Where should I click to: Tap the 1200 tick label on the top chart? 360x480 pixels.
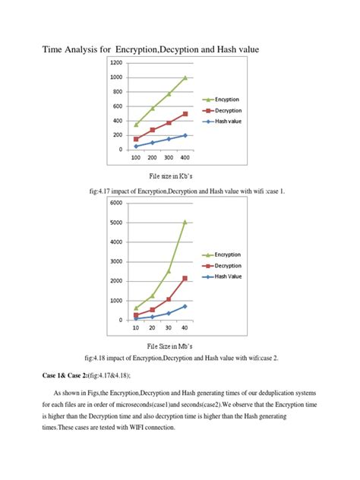tap(115, 63)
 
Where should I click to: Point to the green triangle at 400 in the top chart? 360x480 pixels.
tap(185, 77)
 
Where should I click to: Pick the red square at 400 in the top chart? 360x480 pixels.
tap(185, 114)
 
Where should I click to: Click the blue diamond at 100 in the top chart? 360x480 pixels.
tap(136, 146)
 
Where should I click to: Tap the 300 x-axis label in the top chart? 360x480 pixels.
tap(169, 157)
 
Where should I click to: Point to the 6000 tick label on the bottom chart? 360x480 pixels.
tap(115, 203)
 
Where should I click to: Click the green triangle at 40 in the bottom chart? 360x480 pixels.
tap(185, 223)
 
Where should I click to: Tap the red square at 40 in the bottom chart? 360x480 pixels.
tap(185, 279)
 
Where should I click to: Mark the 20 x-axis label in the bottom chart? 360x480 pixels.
tap(152, 328)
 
